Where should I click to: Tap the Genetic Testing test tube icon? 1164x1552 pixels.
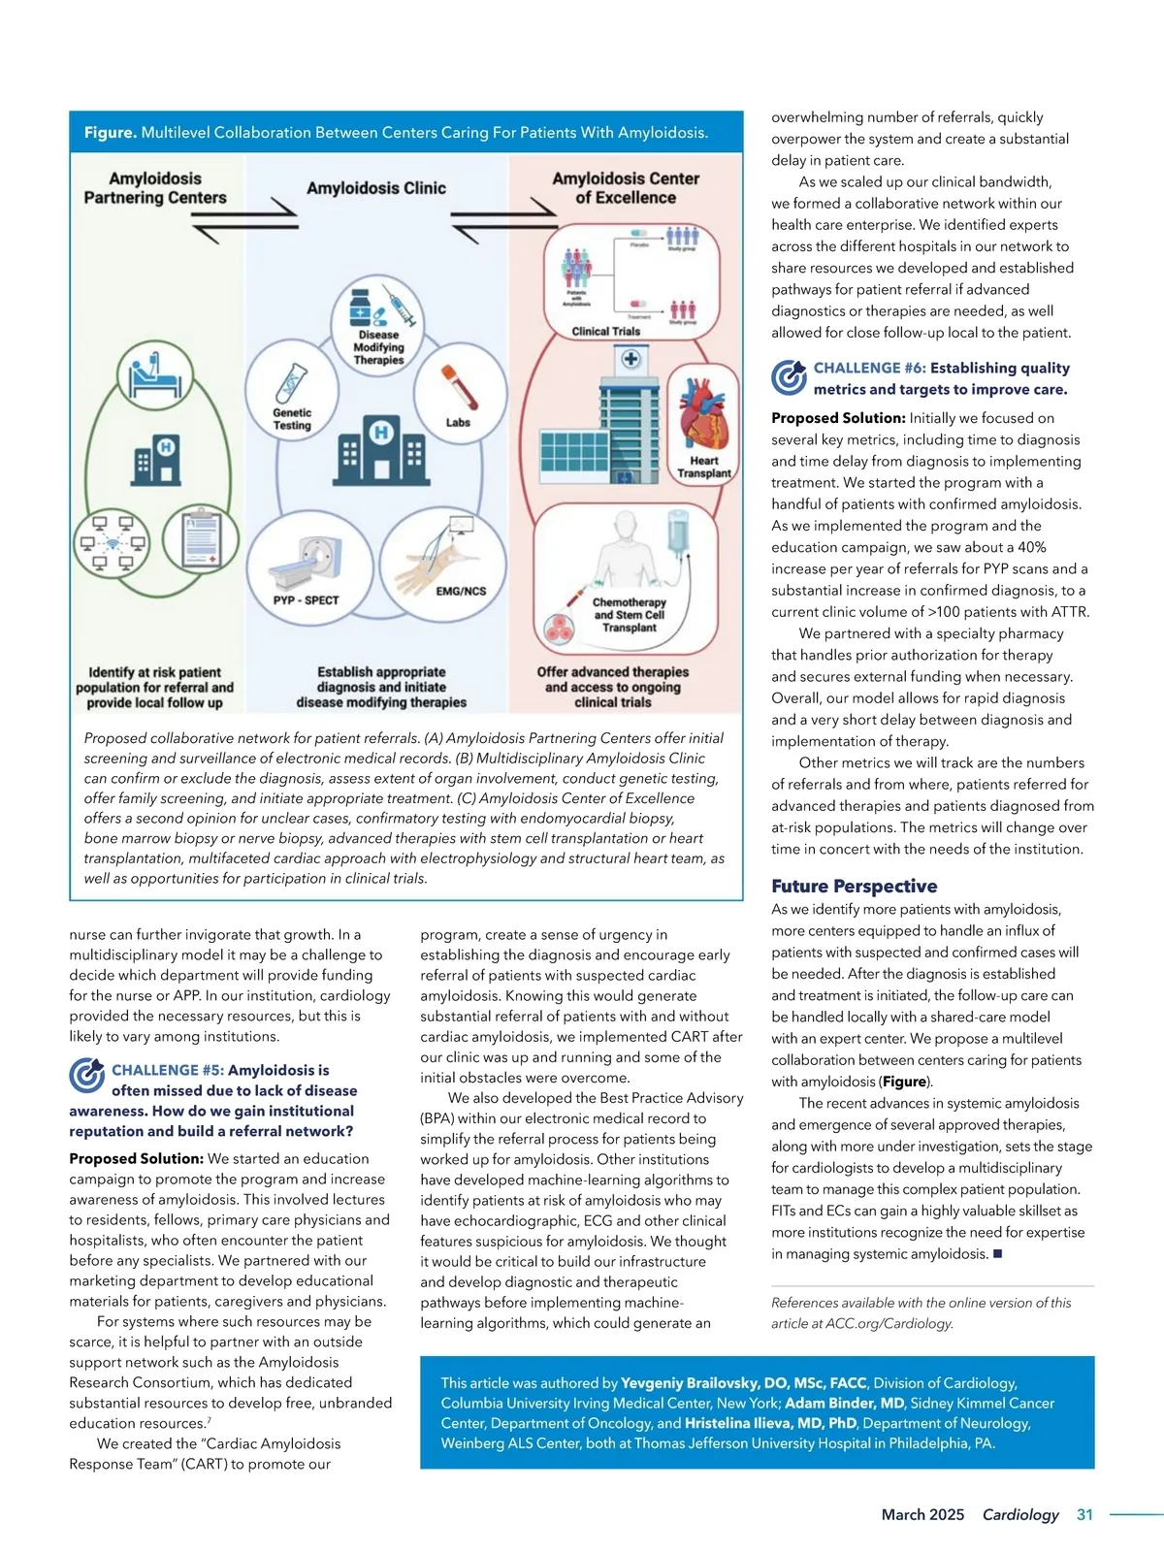click(x=291, y=383)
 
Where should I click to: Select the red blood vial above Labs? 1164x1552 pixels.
click(x=459, y=387)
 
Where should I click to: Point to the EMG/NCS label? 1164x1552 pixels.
click(x=461, y=591)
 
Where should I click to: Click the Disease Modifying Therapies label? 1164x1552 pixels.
click(x=378, y=347)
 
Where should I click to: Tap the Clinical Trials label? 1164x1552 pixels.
click(x=606, y=331)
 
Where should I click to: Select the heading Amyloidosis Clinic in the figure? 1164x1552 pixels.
click(x=376, y=188)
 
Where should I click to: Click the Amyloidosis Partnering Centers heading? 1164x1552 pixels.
click(x=155, y=188)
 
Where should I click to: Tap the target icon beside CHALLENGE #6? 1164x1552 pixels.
click(x=789, y=377)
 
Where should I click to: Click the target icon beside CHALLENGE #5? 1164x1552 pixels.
click(x=86, y=1076)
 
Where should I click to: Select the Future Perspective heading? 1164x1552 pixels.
click(x=854, y=886)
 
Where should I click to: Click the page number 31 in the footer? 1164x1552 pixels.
click(x=1084, y=1514)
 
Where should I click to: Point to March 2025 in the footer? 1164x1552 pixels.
click(x=922, y=1514)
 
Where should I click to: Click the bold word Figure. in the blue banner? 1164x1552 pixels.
click(x=110, y=132)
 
